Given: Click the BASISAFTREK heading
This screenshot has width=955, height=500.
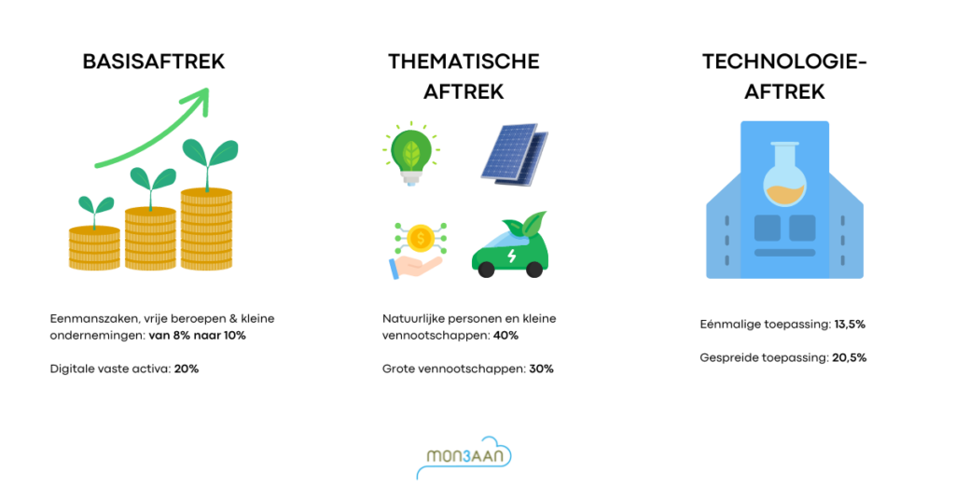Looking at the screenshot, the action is [x=154, y=62].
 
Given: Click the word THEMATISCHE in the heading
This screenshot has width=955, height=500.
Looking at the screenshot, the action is [x=464, y=62].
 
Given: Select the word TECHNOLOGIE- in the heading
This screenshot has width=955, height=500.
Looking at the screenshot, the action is [x=784, y=62].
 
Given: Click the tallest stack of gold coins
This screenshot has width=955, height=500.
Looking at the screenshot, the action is [x=206, y=229].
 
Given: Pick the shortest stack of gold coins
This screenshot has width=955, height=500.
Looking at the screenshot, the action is [x=94, y=247].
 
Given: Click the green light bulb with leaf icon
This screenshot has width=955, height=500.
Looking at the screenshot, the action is [x=411, y=154].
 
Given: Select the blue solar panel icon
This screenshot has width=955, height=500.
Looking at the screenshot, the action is [x=515, y=154].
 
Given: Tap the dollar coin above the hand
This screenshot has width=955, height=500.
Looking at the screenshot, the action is [x=421, y=239].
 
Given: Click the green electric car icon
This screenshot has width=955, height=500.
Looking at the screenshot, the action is [x=510, y=245].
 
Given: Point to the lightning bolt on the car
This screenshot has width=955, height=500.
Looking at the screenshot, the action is [x=512, y=256].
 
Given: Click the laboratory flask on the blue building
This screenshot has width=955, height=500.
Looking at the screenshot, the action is [x=784, y=174].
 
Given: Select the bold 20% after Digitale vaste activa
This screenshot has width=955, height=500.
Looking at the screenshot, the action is [x=187, y=368].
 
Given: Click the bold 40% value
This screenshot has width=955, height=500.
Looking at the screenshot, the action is [x=505, y=336].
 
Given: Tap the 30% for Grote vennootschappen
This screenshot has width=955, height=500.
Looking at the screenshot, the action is [x=541, y=368].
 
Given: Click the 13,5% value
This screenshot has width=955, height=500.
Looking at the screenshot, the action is [x=850, y=325].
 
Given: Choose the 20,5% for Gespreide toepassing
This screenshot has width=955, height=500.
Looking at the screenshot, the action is [x=849, y=357].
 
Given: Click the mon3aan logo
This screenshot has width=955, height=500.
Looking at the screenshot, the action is [x=464, y=457].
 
